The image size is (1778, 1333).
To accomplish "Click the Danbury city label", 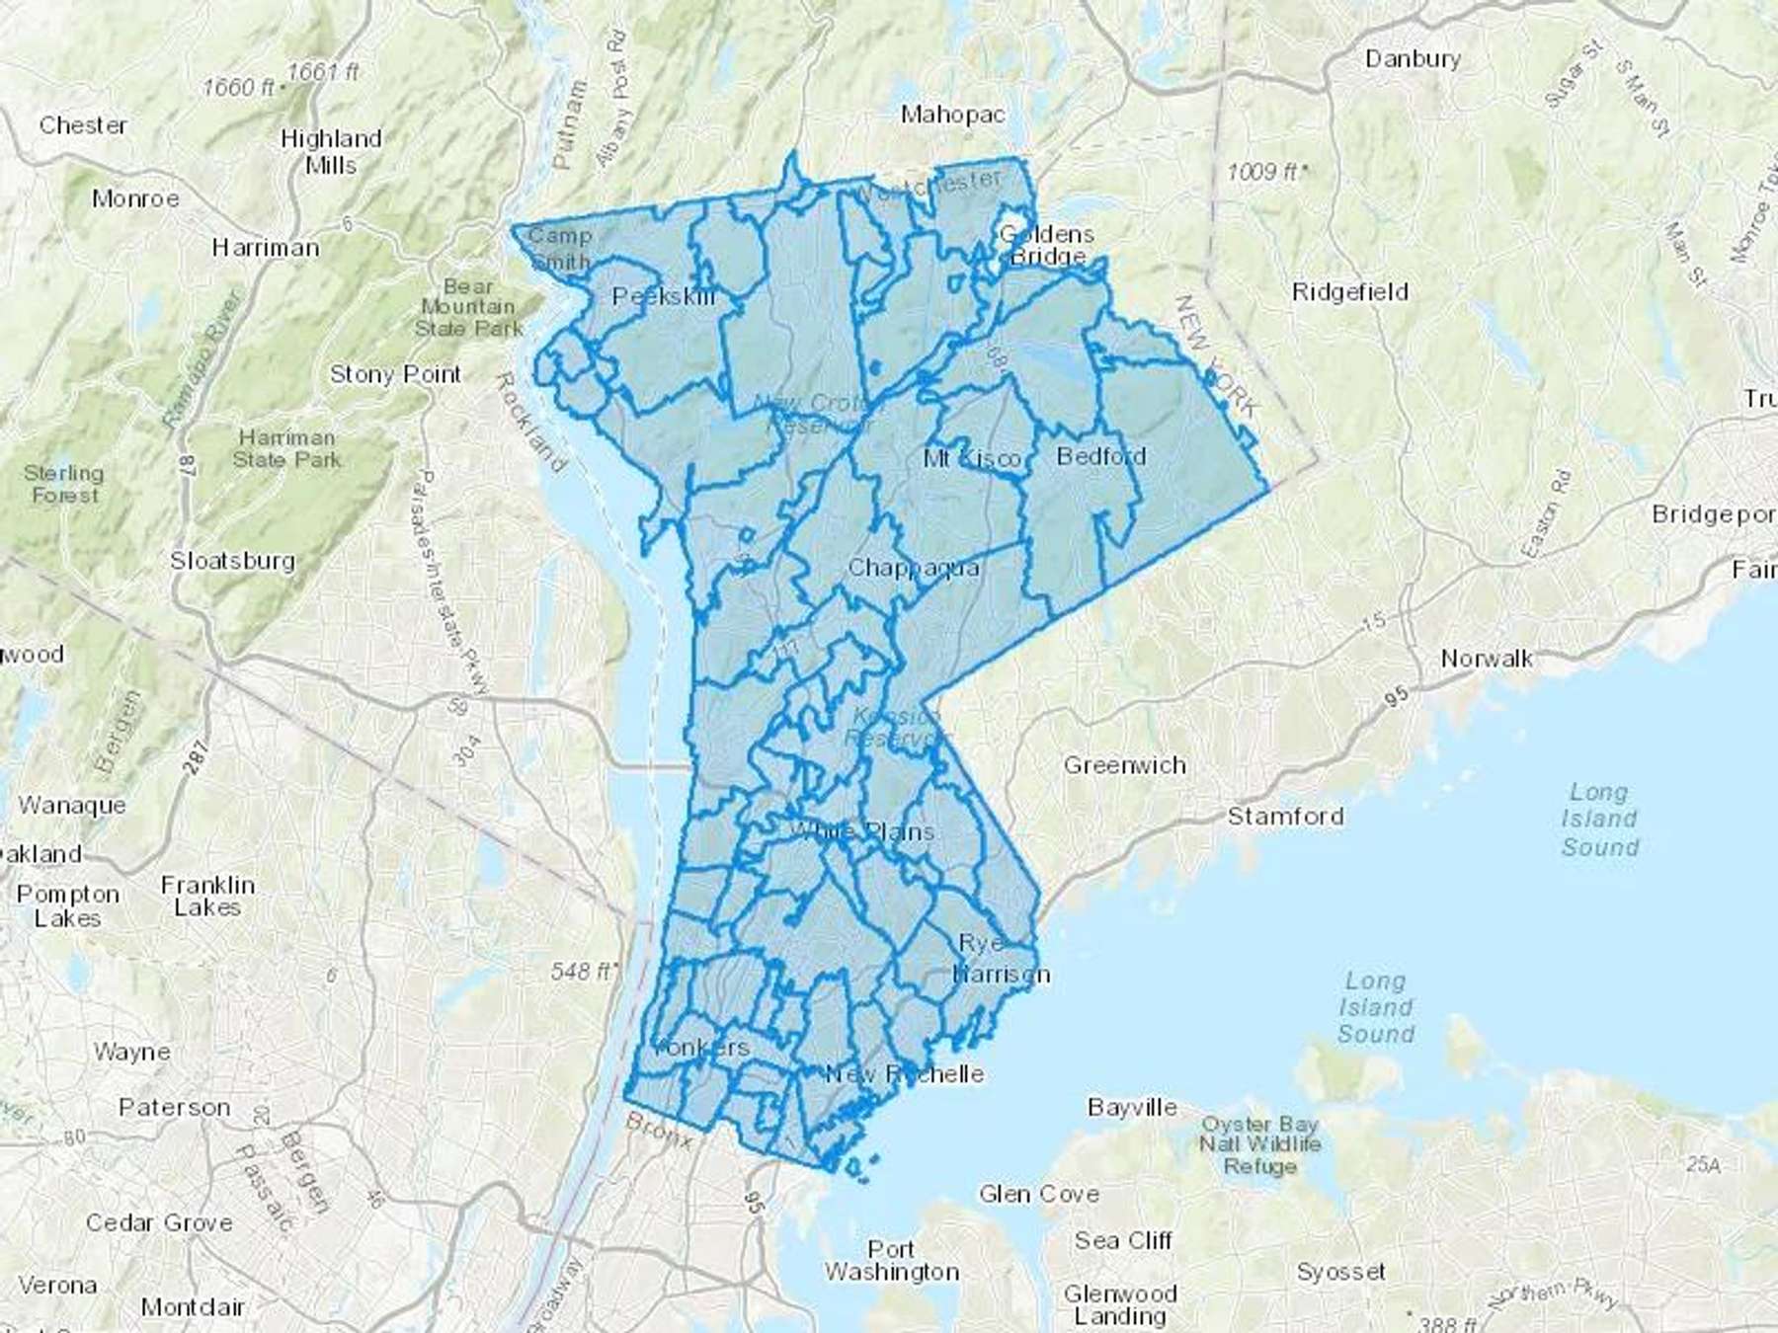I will coord(1413,59).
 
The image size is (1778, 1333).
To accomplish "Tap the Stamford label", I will coord(1285,817).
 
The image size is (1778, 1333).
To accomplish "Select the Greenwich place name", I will coord(1124,765).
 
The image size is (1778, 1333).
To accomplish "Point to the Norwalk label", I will coord(1487,659).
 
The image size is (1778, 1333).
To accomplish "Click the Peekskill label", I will coord(664,296).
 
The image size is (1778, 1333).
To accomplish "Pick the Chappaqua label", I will coord(914,568).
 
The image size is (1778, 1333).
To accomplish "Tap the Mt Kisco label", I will coord(973,459).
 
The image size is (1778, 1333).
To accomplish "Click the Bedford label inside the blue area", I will coord(1101,456).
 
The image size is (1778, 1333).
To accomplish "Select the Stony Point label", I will coord(395,375).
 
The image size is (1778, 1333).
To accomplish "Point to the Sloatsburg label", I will coord(232,561).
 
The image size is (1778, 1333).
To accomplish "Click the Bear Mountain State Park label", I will coord(468,307).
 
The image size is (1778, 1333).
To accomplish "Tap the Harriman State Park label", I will coord(286,448).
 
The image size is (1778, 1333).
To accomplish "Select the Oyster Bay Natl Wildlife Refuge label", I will coord(1259,1145).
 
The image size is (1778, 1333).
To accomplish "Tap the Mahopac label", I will coord(952,115).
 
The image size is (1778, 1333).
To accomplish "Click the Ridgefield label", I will coord(1350,292).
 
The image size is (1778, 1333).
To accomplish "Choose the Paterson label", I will coord(174,1108).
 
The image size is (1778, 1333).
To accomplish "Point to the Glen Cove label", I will coord(1039,1195).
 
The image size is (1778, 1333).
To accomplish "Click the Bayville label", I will coord(1132,1108).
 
